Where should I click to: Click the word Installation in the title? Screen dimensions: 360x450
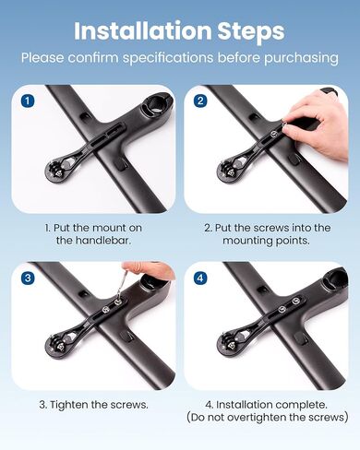[x=142, y=30]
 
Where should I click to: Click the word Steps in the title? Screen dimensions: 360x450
[x=251, y=32]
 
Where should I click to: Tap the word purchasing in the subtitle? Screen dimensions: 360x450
[x=301, y=58]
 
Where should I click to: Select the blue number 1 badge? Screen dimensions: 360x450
[x=28, y=101]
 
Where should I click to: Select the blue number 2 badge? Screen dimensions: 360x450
[x=200, y=101]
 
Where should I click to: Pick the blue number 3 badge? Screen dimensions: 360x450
[x=28, y=278]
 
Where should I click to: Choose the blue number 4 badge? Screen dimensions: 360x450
[x=200, y=278]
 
